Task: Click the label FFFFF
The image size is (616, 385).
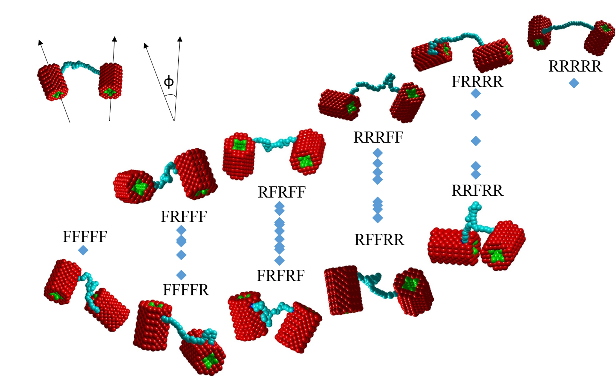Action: tap(85, 237)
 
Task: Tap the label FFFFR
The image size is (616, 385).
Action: tap(186, 290)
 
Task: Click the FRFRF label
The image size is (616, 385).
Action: tap(281, 276)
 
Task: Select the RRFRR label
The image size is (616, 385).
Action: tap(477, 190)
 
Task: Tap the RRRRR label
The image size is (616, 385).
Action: tap(575, 66)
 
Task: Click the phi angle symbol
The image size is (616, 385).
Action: tap(169, 82)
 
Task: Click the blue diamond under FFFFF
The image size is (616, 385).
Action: tap(83, 250)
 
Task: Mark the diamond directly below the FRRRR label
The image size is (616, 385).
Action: tap(476, 93)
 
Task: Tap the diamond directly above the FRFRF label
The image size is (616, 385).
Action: tap(279, 261)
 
